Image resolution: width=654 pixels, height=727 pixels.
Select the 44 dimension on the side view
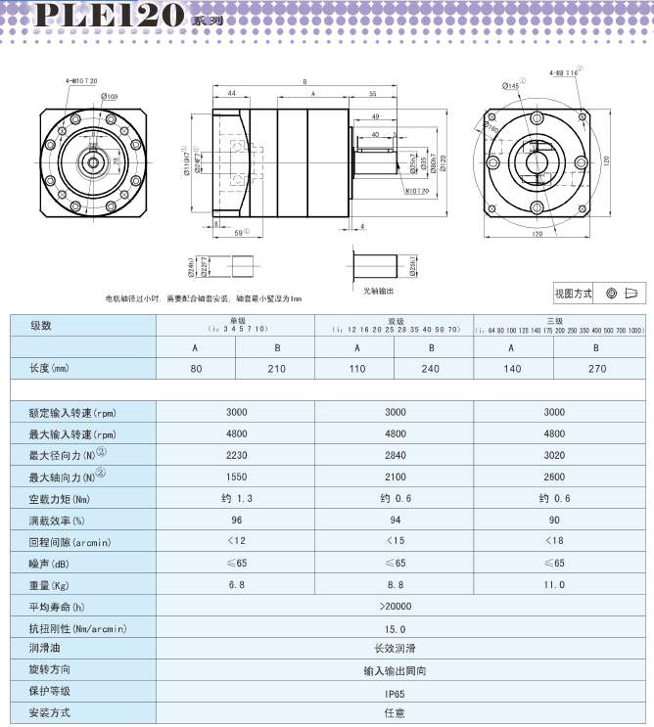[232, 93]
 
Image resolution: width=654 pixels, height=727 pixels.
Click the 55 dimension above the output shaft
[373, 93]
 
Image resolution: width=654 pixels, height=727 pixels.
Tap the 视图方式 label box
[574, 293]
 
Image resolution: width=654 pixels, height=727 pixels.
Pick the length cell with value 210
[276, 369]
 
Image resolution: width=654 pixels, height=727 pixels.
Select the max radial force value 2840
[395, 455]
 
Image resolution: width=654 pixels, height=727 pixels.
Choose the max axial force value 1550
[236, 477]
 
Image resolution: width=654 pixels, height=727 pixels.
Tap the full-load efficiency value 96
[236, 520]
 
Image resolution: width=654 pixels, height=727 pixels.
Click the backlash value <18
[553, 541]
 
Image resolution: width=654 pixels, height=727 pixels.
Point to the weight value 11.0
[553, 584]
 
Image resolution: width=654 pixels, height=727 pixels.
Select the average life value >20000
[395, 607]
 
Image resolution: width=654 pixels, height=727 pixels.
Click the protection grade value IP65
[395, 692]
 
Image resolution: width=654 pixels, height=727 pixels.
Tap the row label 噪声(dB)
[50, 563]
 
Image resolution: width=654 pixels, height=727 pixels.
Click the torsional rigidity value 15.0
[395, 628]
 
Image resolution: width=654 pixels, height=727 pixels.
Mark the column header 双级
[395, 320]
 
